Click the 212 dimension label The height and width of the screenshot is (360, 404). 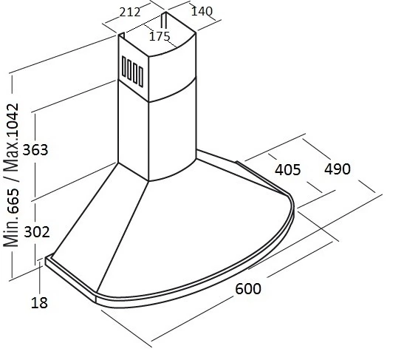(130, 12)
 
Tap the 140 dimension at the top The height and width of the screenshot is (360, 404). (202, 11)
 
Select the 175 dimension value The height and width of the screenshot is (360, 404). (160, 36)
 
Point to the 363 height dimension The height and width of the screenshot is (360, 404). (35, 150)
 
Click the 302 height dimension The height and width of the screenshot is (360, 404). (37, 232)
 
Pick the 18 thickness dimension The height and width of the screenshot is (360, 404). (39, 302)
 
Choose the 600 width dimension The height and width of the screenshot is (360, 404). (248, 288)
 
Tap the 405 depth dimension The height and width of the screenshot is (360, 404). (287, 170)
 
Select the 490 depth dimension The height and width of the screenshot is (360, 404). (338, 169)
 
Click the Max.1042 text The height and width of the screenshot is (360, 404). (11, 138)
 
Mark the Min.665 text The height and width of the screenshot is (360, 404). (11, 217)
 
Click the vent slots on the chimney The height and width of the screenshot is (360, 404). (132, 71)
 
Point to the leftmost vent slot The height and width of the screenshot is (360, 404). (123, 67)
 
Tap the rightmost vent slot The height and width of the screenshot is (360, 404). (141, 76)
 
